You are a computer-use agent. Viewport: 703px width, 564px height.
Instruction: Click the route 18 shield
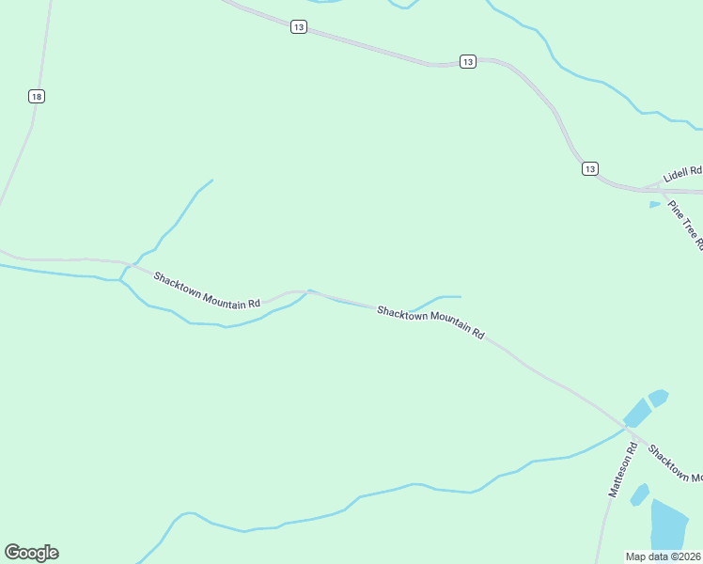(x=37, y=97)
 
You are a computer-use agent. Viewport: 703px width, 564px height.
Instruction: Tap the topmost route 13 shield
(x=298, y=28)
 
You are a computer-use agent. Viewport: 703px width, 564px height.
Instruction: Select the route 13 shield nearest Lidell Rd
(x=589, y=168)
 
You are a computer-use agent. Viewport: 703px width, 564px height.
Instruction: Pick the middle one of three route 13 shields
(x=467, y=61)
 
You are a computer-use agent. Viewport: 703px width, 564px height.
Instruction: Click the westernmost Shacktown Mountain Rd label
(x=207, y=291)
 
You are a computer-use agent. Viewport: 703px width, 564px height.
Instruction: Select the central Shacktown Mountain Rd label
(x=430, y=322)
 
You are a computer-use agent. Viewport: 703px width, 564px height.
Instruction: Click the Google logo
(x=31, y=553)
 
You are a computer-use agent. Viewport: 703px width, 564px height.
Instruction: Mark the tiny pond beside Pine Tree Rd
(x=654, y=204)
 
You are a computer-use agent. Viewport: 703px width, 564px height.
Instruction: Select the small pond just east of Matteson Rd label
(x=640, y=493)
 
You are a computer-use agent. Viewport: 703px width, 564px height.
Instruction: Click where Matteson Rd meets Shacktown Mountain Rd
(x=625, y=428)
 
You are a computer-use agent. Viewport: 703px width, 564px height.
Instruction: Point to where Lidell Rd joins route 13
(x=658, y=186)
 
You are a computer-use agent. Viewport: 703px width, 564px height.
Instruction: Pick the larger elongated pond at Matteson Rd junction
(x=637, y=412)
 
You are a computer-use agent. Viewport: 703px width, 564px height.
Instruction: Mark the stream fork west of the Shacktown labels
(x=120, y=279)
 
